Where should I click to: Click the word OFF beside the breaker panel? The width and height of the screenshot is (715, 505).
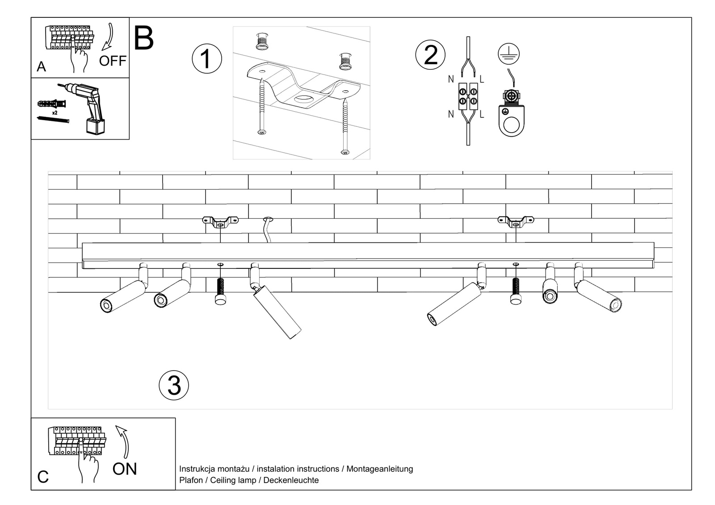tap(113, 61)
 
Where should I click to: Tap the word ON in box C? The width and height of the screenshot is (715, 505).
tap(125, 469)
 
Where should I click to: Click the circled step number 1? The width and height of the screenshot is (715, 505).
tap(206, 59)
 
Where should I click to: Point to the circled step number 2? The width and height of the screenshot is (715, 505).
tap(430, 55)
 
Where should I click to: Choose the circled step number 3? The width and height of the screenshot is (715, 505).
tap(174, 385)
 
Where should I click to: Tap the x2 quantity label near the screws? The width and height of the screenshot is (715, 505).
tap(55, 113)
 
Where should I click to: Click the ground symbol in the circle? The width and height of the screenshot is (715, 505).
tap(509, 54)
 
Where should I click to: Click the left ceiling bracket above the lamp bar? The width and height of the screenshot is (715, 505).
tap(220, 221)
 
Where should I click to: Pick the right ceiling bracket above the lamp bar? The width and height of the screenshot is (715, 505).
tap(516, 221)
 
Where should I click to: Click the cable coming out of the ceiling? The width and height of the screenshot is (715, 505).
tap(267, 230)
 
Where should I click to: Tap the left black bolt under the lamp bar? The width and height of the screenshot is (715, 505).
tap(220, 291)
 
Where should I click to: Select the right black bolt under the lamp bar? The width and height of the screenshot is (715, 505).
tap(516, 291)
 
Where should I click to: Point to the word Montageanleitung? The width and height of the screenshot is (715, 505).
tap(379, 469)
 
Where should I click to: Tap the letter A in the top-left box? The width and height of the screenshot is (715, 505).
tap(41, 67)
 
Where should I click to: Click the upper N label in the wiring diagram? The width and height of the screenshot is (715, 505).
tap(450, 79)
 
